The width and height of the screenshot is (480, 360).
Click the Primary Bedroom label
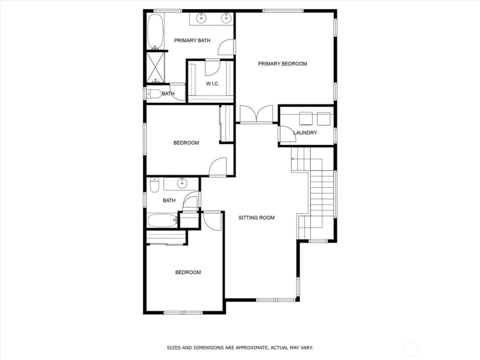tap(282, 64)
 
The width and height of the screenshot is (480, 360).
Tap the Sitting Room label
tap(257, 217)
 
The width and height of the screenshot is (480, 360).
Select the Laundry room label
tap(305, 133)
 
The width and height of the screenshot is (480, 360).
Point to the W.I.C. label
tap(212, 83)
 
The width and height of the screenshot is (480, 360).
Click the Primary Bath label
tap(192, 41)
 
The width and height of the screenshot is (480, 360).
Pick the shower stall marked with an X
tap(155, 67)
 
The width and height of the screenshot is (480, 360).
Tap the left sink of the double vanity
tap(201, 18)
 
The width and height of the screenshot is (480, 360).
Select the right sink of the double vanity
tap(226, 18)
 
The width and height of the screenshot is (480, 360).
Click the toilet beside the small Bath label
tap(154, 94)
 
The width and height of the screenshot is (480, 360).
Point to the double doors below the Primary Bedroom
tap(256, 114)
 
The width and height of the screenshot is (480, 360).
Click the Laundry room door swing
tap(288, 134)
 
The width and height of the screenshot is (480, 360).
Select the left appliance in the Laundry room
tap(306, 118)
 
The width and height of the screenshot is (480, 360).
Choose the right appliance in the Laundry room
tap(324, 118)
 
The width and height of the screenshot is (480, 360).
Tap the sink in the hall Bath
tap(182, 183)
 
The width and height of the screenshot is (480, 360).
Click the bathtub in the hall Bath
tap(162, 220)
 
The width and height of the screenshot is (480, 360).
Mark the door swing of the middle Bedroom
tap(217, 167)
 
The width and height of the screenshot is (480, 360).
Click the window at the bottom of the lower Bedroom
tap(183, 312)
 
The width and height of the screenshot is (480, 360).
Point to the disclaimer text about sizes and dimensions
tap(239, 348)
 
